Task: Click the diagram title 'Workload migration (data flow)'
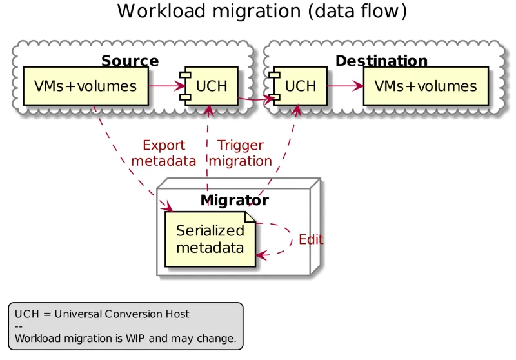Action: tap(262, 12)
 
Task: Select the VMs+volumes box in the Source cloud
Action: tap(85, 86)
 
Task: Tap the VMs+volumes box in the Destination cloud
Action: tap(426, 86)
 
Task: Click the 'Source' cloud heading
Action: tap(130, 61)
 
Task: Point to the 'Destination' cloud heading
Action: tap(381, 61)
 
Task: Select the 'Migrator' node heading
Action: tap(234, 200)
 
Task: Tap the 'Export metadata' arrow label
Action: tap(163, 153)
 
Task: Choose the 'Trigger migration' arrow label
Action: tap(241, 153)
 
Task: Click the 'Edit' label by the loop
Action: tap(311, 240)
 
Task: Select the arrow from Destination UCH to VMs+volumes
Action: tap(345, 85)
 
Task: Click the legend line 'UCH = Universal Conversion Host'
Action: tap(102, 314)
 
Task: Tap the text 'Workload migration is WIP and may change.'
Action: tap(125, 337)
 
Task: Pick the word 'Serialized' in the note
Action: tap(210, 231)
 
